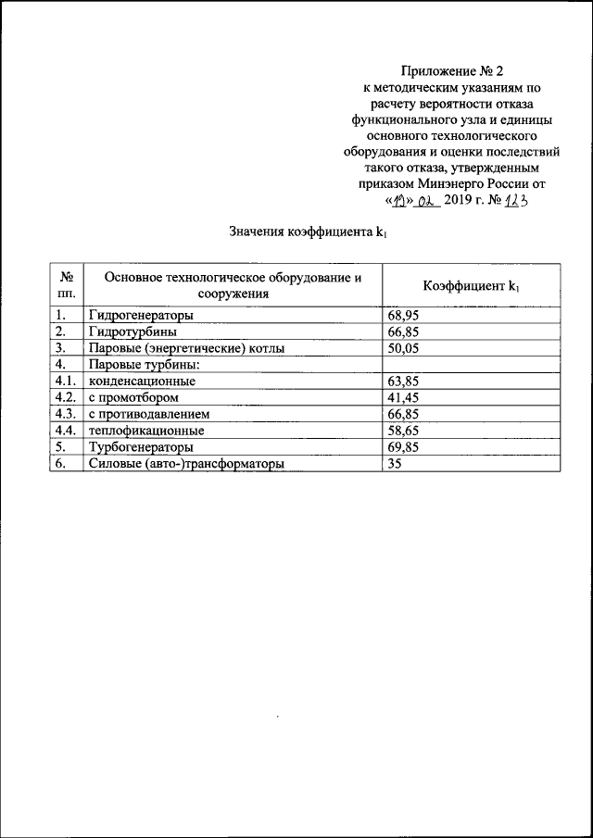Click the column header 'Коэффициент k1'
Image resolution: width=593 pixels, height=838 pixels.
coord(472,286)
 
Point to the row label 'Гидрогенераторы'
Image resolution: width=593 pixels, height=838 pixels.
coord(141,315)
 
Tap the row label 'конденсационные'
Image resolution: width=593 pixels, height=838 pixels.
coord(142,381)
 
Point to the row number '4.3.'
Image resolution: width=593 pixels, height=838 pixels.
coord(67,415)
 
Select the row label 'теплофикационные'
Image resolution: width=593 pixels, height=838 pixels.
coord(146,432)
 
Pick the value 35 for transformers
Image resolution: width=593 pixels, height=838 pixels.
coord(395,465)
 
